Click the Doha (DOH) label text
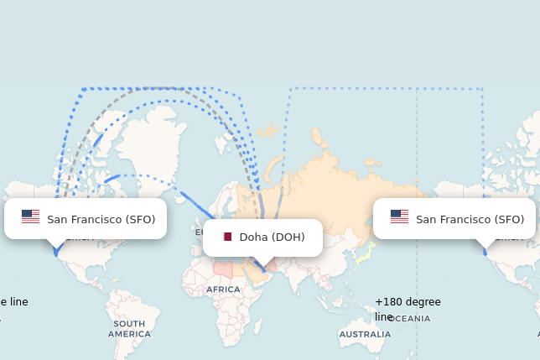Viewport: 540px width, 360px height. (272, 237)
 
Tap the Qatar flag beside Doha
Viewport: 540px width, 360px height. (227, 237)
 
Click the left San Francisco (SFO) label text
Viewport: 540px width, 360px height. (101, 219)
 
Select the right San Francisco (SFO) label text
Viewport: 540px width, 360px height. (470, 219)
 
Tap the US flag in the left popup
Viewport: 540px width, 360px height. (30, 217)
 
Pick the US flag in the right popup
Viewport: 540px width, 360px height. (399, 217)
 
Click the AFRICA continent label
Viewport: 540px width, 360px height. (223, 290)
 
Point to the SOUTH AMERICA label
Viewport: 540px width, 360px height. (129, 328)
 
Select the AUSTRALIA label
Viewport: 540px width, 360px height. (365, 334)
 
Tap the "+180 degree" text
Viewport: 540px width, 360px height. (408, 302)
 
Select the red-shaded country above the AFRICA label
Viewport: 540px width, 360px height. (222, 270)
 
